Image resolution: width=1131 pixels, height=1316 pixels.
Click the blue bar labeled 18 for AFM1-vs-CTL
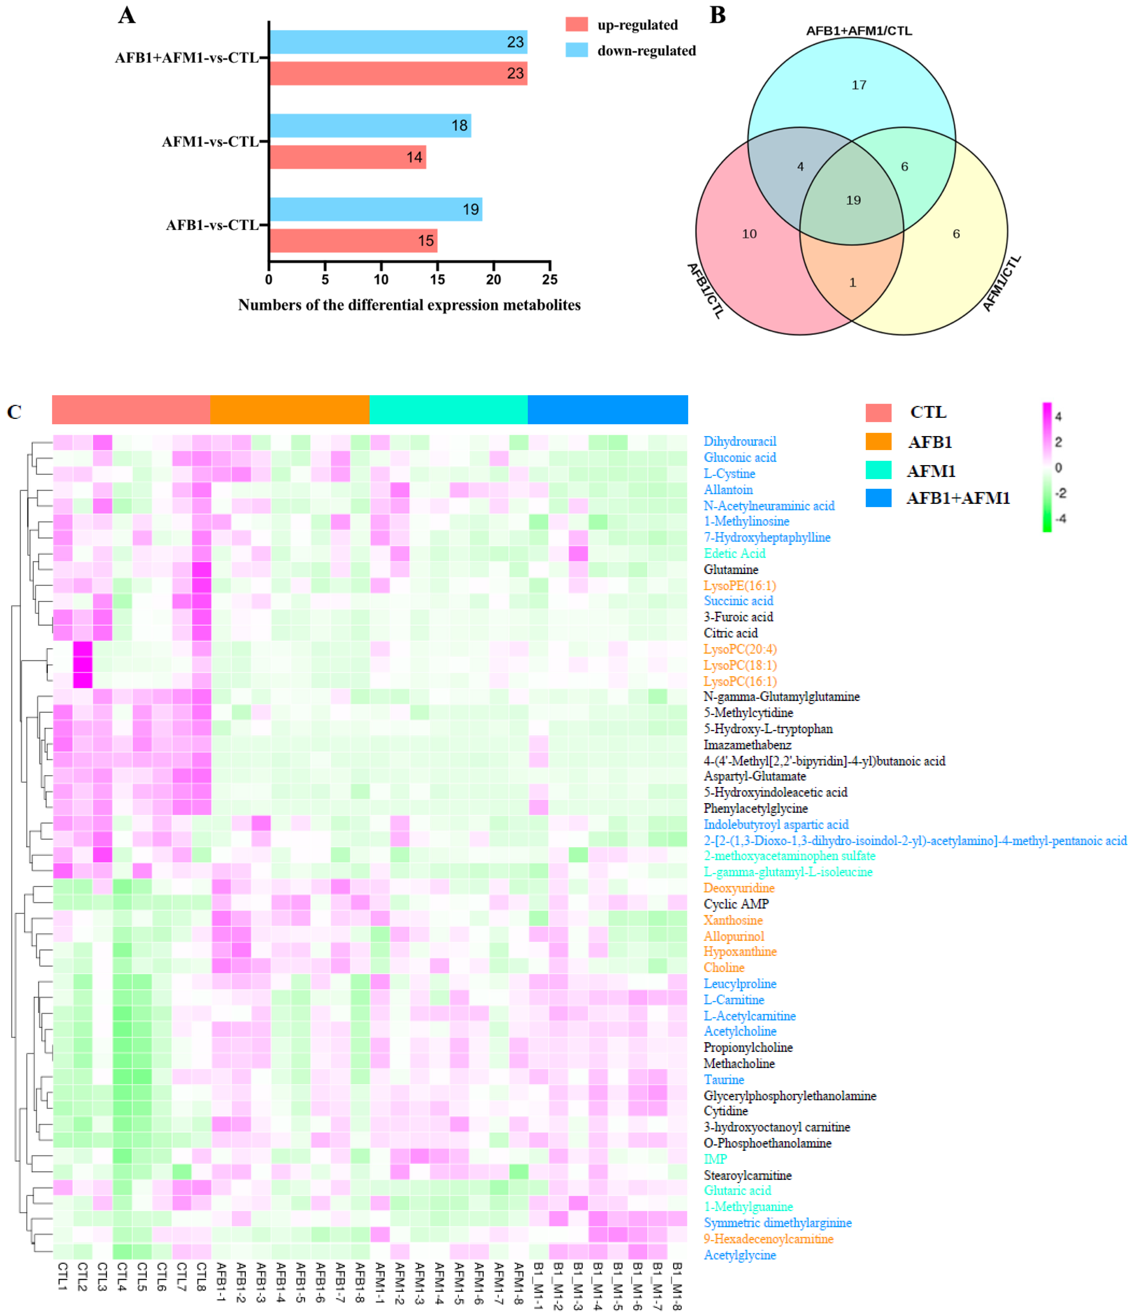(370, 126)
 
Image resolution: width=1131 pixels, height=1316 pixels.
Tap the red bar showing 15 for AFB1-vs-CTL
(353, 241)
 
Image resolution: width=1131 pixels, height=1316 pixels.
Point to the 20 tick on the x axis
(494, 279)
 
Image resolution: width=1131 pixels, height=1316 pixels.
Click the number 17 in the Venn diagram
(859, 85)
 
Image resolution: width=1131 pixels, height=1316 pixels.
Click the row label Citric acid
(730, 633)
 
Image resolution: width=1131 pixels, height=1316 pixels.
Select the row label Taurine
(724, 1080)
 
